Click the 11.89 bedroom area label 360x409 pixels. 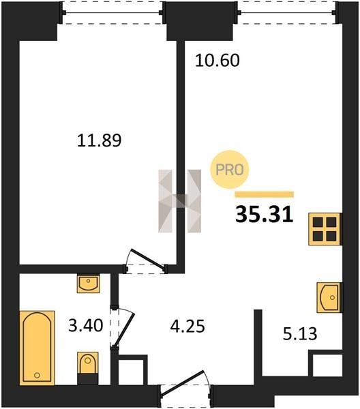(100, 140)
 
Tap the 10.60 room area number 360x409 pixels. (217, 61)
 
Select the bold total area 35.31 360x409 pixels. (265, 215)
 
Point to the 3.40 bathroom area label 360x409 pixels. (85, 326)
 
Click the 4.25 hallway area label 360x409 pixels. (187, 326)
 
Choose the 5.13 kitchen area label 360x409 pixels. (300, 334)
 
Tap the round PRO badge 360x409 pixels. (230, 170)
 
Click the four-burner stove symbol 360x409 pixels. (325, 229)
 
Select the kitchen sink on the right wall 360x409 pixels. (329, 297)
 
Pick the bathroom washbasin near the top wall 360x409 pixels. (88, 283)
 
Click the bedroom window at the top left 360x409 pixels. (112, 12)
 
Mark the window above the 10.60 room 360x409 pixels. (288, 12)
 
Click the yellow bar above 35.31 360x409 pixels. (265, 194)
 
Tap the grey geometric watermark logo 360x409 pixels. (180, 201)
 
